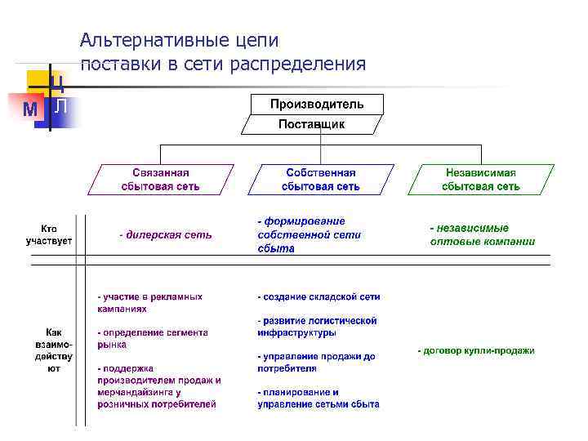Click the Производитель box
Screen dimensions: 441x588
317,104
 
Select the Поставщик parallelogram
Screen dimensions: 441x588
311,124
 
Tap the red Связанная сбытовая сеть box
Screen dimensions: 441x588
161,180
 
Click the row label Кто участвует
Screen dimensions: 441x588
49,234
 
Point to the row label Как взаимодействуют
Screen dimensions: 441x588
53,350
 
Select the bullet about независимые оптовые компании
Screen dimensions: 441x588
483,234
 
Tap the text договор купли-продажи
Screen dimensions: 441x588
477,350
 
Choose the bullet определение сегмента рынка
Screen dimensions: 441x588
153,339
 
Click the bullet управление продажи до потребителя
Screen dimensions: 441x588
316,363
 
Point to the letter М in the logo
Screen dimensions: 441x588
29,109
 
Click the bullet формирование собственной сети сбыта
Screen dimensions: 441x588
310,234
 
